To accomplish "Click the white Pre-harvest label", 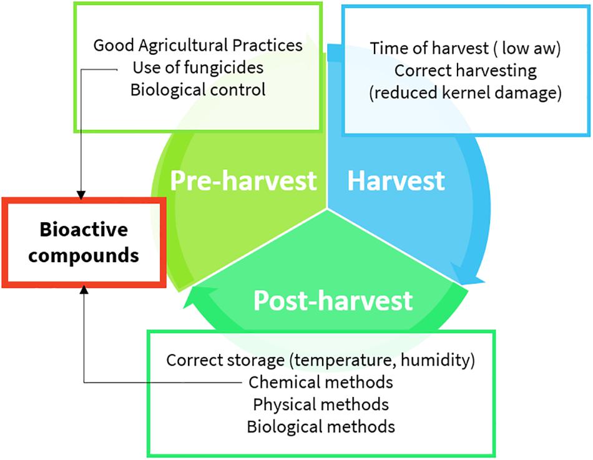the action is [243, 180].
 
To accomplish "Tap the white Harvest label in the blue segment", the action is [396, 180].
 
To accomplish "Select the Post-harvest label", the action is [333, 300].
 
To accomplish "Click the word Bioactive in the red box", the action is [84, 229].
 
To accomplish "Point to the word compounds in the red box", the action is [84, 255].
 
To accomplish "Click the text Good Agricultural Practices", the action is [198, 46].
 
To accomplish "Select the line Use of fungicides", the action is [198, 67].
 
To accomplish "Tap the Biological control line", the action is [198, 90].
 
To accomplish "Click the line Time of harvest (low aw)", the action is [465, 49].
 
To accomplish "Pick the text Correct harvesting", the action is [466, 71].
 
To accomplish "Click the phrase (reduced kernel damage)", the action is [465, 92].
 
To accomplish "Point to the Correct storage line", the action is [320, 360].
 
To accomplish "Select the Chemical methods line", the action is [321, 382].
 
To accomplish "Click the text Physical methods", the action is [321, 404].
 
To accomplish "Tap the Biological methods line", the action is [321, 426].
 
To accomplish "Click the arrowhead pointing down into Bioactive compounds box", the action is [81, 195].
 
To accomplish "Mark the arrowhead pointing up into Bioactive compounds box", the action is [84, 290].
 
